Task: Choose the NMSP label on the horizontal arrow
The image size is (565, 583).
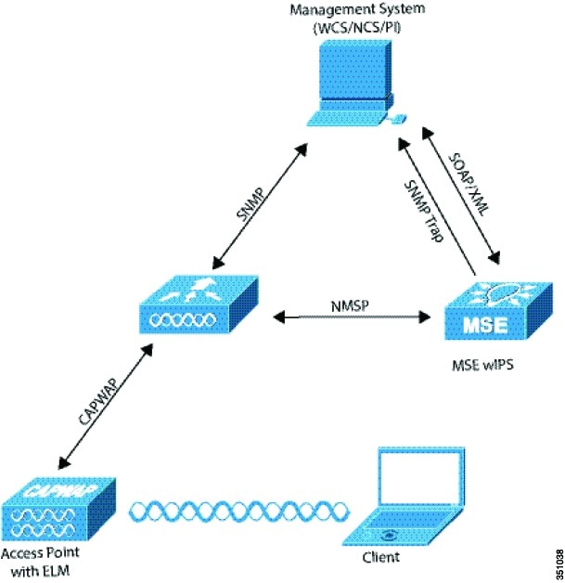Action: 354,304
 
